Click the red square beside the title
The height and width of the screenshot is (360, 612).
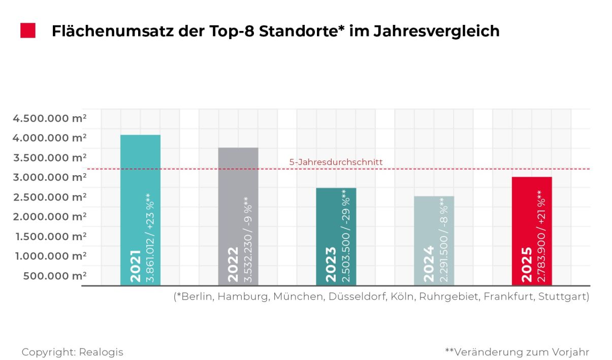(28, 30)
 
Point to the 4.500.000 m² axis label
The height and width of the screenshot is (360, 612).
(50, 118)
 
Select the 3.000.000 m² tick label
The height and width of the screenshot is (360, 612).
(50, 177)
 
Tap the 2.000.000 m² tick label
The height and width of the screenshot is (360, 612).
(50, 216)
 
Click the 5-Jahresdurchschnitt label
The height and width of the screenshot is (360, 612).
(336, 162)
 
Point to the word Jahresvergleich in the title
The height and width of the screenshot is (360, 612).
(436, 31)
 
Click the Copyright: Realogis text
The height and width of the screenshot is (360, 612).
(72, 352)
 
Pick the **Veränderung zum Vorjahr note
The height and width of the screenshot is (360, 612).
(517, 352)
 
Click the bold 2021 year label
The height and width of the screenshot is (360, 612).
(135, 266)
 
